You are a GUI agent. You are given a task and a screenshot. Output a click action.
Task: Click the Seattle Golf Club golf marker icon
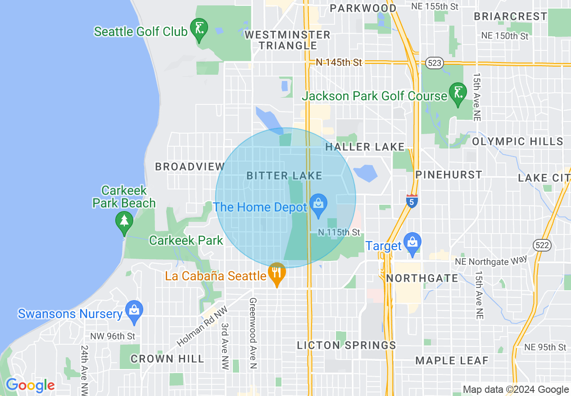coord(199,29)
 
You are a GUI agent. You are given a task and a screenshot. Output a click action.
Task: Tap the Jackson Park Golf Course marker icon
coord(458,93)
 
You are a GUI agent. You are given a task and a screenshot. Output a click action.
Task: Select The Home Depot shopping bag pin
coord(318,204)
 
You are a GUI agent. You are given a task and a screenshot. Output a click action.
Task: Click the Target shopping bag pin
coord(412,243)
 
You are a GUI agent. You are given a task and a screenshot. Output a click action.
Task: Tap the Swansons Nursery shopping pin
coord(134,310)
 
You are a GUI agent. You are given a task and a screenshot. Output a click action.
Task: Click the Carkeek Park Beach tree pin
coord(124,222)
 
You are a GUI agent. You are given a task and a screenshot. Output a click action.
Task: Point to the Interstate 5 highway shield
coord(412,201)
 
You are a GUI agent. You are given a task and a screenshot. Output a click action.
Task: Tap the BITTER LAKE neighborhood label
coord(284,175)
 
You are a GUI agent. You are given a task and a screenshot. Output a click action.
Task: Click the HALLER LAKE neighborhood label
coord(365,147)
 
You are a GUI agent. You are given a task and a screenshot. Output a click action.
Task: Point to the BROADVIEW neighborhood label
coord(190,166)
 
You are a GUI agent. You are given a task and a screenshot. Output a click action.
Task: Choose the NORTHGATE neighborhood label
coord(422,278)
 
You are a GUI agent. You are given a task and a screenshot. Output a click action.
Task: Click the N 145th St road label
coord(339,63)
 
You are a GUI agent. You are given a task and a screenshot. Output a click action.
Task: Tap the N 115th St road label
coord(339,232)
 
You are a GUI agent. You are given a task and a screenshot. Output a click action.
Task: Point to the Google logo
coord(30,385)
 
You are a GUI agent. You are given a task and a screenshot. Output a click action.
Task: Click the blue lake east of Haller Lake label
coord(365,173)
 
